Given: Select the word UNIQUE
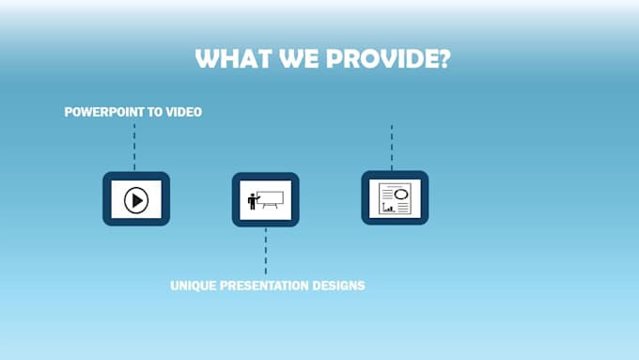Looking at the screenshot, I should click(194, 285).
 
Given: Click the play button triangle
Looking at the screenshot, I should click(137, 199).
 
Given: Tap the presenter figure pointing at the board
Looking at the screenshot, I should click(252, 201).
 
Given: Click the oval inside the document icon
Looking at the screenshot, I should click(401, 193).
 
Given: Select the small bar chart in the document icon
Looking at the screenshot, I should click(387, 208).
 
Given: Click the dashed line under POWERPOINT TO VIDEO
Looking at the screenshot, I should click(134, 146).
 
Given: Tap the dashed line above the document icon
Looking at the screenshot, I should click(392, 146).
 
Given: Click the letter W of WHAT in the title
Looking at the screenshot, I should click(206, 58).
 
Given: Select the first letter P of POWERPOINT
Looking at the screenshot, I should click(68, 112).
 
